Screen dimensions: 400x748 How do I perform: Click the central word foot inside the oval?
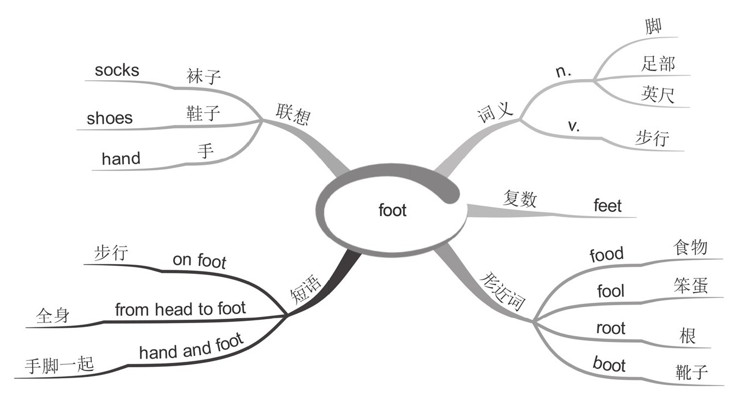click(x=393, y=210)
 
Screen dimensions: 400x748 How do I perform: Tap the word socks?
click(x=117, y=70)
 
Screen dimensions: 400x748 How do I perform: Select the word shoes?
click(x=110, y=118)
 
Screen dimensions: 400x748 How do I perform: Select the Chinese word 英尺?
click(x=658, y=94)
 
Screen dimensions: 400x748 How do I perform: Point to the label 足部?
click(x=658, y=64)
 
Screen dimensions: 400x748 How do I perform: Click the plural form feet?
click(x=607, y=206)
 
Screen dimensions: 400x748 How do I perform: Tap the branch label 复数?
click(x=519, y=199)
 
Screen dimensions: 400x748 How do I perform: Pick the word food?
click(x=606, y=254)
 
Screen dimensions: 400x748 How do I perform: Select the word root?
click(x=611, y=329)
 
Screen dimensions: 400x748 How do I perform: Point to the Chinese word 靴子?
click(x=691, y=372)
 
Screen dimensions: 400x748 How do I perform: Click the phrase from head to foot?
click(x=181, y=309)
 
